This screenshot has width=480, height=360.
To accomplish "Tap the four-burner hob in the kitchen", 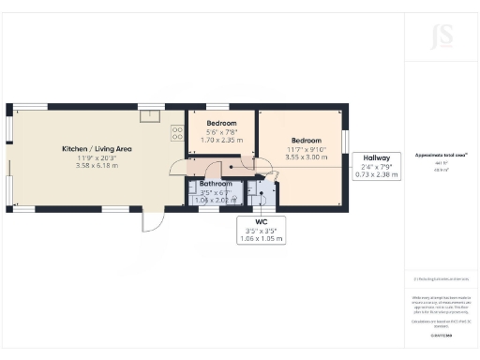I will point(175,133).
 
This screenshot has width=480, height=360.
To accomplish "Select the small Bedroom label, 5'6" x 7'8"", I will point(221,123).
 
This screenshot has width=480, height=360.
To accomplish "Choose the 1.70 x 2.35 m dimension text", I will point(221,139).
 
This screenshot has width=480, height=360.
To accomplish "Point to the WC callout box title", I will point(262,222).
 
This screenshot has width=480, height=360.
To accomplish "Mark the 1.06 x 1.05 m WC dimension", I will point(262,238).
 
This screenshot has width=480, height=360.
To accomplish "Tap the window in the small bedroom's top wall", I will point(218,106).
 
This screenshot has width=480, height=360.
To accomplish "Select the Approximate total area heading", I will point(441,155).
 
